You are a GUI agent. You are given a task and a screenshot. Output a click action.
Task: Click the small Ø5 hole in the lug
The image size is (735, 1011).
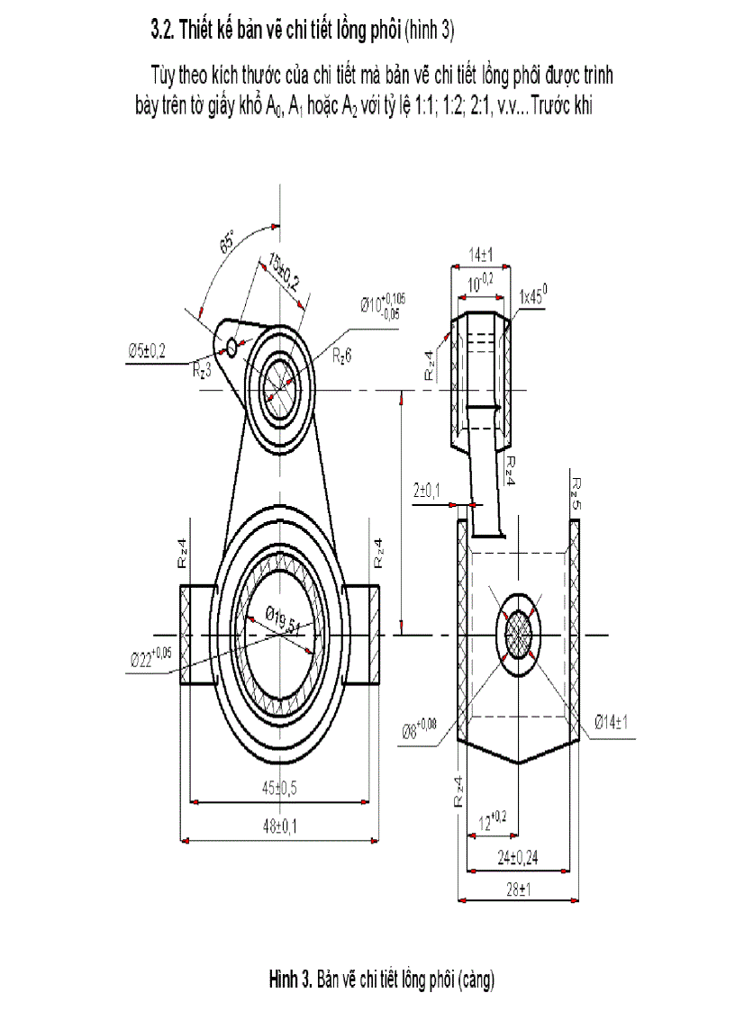click(x=231, y=347)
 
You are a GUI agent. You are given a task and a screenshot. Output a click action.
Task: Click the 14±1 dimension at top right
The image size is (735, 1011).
click(x=480, y=257)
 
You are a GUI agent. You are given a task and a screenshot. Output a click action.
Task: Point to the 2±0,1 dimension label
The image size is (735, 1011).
click(x=427, y=490)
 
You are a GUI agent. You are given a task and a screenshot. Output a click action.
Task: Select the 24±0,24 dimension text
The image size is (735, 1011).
click(x=517, y=856)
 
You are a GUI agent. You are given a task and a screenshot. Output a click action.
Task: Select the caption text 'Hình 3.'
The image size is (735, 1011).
click(x=290, y=979)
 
